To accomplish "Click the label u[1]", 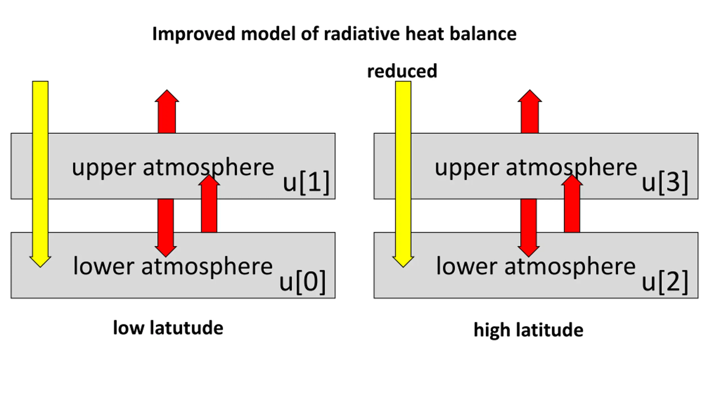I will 306,182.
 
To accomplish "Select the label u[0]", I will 302,282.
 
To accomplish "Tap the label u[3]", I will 665,182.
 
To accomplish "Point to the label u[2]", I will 665,282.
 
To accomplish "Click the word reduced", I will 402,71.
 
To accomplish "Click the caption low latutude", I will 168,328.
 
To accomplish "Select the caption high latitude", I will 528,330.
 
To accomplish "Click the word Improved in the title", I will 193,34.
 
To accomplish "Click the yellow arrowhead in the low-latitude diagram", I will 40,261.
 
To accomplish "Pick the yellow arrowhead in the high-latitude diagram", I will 403,261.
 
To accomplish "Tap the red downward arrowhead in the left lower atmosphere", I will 166,251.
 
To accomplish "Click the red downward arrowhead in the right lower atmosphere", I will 528,251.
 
